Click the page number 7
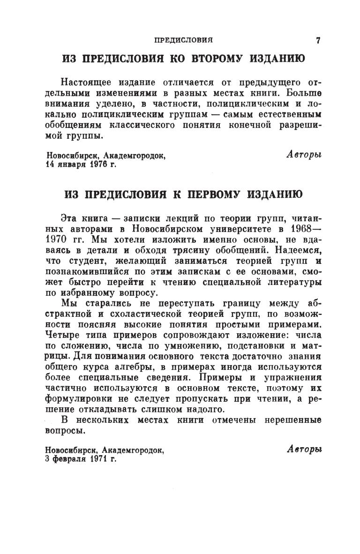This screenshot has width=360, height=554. click(x=318, y=41)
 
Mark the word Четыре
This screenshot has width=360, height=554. click(x=61, y=334)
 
